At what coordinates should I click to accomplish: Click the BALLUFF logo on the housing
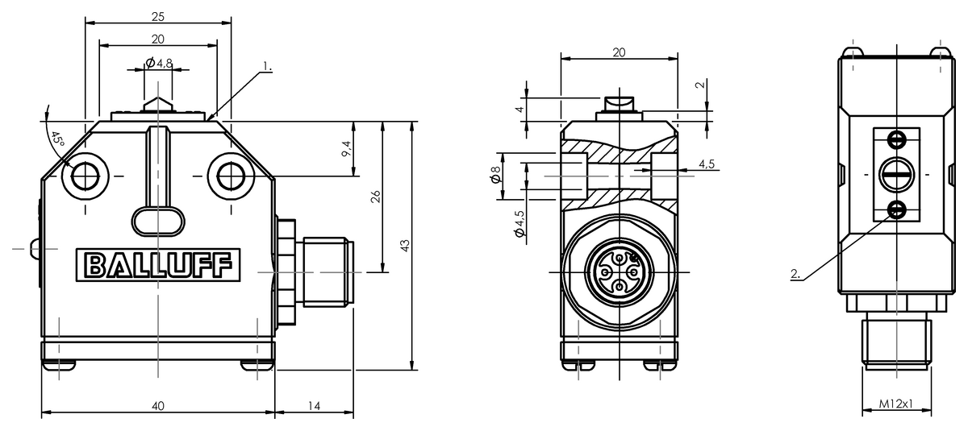point(158,265)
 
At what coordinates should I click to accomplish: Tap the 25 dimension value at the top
point(158,17)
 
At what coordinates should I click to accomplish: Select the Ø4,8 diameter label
point(159,63)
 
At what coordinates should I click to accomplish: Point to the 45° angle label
point(57,139)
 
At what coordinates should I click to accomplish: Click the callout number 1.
point(268,66)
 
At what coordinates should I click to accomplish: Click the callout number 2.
point(795,274)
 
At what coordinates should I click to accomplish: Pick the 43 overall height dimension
point(405,246)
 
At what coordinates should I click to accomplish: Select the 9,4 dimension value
point(348,149)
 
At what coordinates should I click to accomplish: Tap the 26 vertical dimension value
point(376,197)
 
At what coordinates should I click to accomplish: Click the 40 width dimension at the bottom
point(158,406)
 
